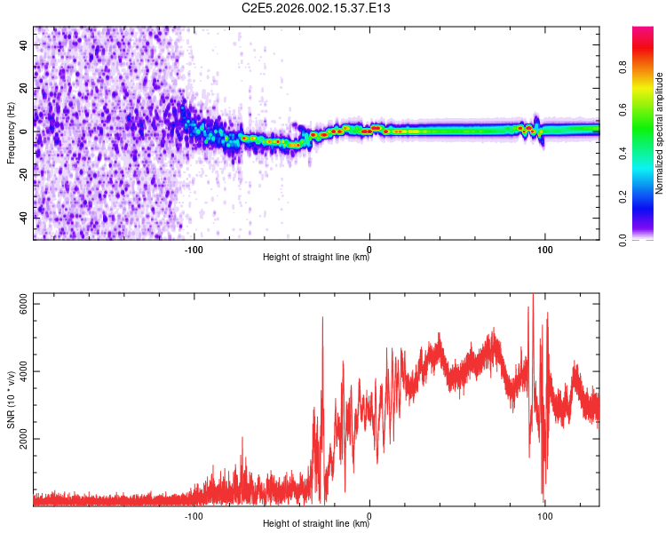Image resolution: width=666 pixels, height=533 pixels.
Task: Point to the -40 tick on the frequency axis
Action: (x=24, y=217)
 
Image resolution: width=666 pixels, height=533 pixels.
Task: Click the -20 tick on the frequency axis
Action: (x=24, y=174)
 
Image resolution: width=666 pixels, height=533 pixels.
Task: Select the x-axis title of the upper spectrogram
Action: (x=316, y=258)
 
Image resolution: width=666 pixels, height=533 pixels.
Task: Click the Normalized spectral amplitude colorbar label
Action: (x=659, y=133)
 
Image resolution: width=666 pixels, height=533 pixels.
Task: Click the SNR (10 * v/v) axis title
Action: (x=12, y=399)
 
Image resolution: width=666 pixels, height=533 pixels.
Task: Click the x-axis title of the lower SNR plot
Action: (x=316, y=524)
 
